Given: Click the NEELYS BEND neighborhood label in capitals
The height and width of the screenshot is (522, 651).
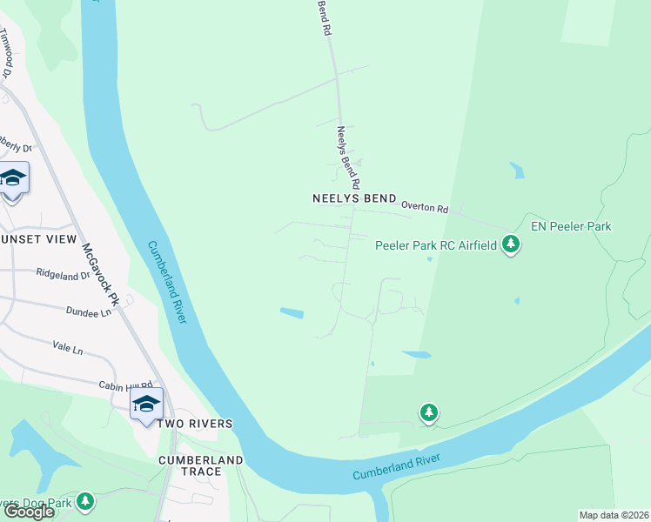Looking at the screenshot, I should pos(354,198).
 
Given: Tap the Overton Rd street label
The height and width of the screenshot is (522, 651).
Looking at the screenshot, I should pos(425,209).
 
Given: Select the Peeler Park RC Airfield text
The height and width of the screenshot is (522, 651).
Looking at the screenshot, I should pos(435,245).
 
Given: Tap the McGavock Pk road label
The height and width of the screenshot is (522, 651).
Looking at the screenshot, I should pos(100,264).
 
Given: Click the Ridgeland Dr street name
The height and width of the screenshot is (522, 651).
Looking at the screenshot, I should pos(63,273).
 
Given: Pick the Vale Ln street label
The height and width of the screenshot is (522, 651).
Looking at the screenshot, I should pos(67,349).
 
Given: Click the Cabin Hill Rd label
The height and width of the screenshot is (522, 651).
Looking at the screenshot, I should pos(126,385).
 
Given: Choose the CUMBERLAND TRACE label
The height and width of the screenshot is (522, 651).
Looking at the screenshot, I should pos(201,465).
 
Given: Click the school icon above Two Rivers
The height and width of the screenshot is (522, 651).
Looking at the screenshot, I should pos(146,404).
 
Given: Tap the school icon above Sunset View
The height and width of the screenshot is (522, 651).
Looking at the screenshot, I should pos(13,179).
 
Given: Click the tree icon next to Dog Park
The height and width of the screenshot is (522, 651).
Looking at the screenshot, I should pos(84,501).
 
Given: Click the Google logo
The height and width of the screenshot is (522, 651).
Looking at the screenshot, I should pos(29,512).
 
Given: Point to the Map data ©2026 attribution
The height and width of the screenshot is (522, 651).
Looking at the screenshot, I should pos(614,515).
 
